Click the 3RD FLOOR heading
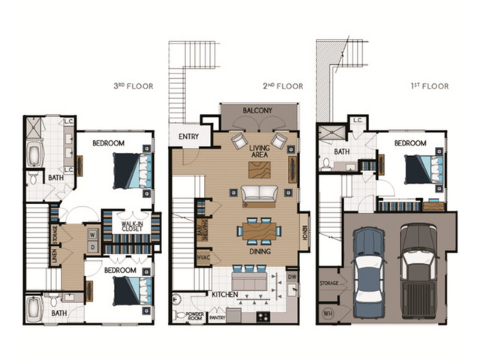click(x=133, y=86)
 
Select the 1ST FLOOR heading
click(x=429, y=86)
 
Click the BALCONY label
click(x=257, y=111)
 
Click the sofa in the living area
click(x=259, y=194)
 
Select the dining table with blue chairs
click(x=258, y=230)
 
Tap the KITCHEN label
click(x=224, y=295)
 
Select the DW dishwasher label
click(x=292, y=275)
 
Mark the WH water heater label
click(x=326, y=313)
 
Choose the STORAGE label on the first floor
click(x=328, y=283)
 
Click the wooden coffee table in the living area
click(x=259, y=169)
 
